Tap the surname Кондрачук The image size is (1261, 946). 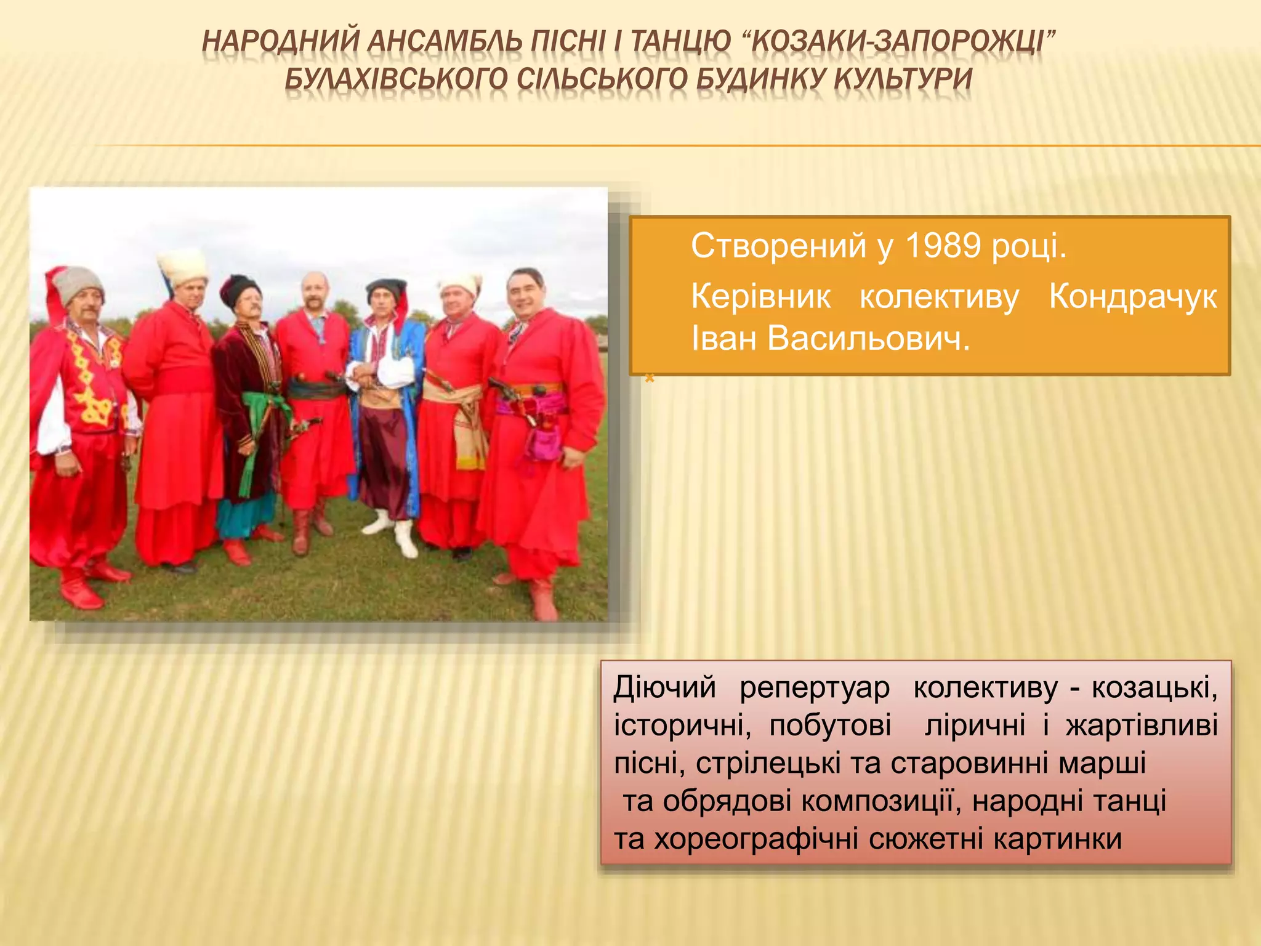tap(1133, 297)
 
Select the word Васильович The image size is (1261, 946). tap(868, 339)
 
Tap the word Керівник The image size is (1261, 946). tap(761, 297)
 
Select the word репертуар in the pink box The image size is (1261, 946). tap(814, 688)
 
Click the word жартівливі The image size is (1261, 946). tap(1142, 726)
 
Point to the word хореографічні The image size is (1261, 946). tap(756, 839)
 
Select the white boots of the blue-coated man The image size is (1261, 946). tap(394, 533)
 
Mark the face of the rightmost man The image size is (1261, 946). tap(526, 296)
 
